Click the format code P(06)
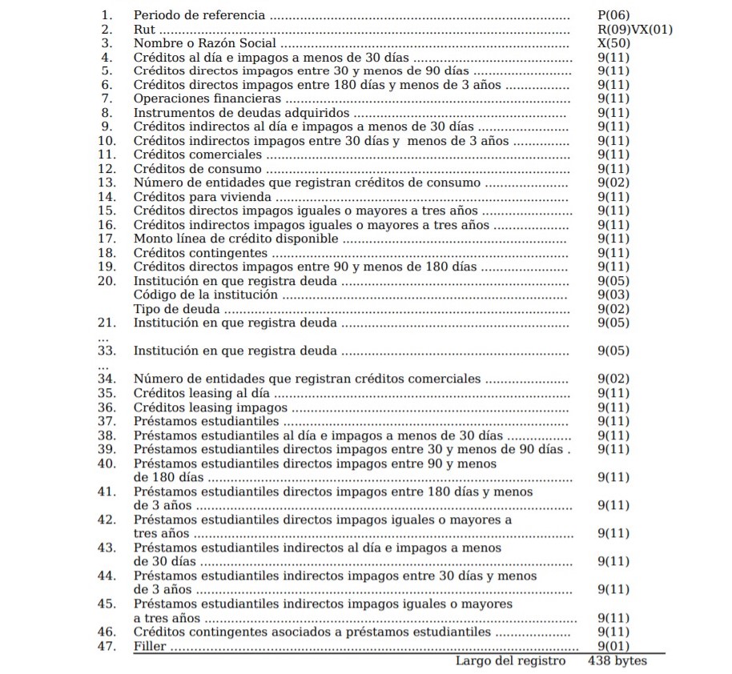tap(614, 15)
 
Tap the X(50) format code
tap(614, 43)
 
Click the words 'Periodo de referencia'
tap(199, 15)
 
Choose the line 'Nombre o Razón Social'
tap(204, 43)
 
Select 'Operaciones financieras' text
tap(207, 99)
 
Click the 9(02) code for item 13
tap(614, 183)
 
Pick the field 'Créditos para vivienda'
tap(203, 197)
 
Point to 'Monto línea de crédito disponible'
tap(236, 239)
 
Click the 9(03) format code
tap(614, 295)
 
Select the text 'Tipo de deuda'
tap(175, 309)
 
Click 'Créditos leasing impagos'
tap(210, 407)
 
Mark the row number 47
tap(107, 645)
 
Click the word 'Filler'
tap(151, 645)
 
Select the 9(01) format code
tap(614, 645)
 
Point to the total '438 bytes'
tap(617, 660)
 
